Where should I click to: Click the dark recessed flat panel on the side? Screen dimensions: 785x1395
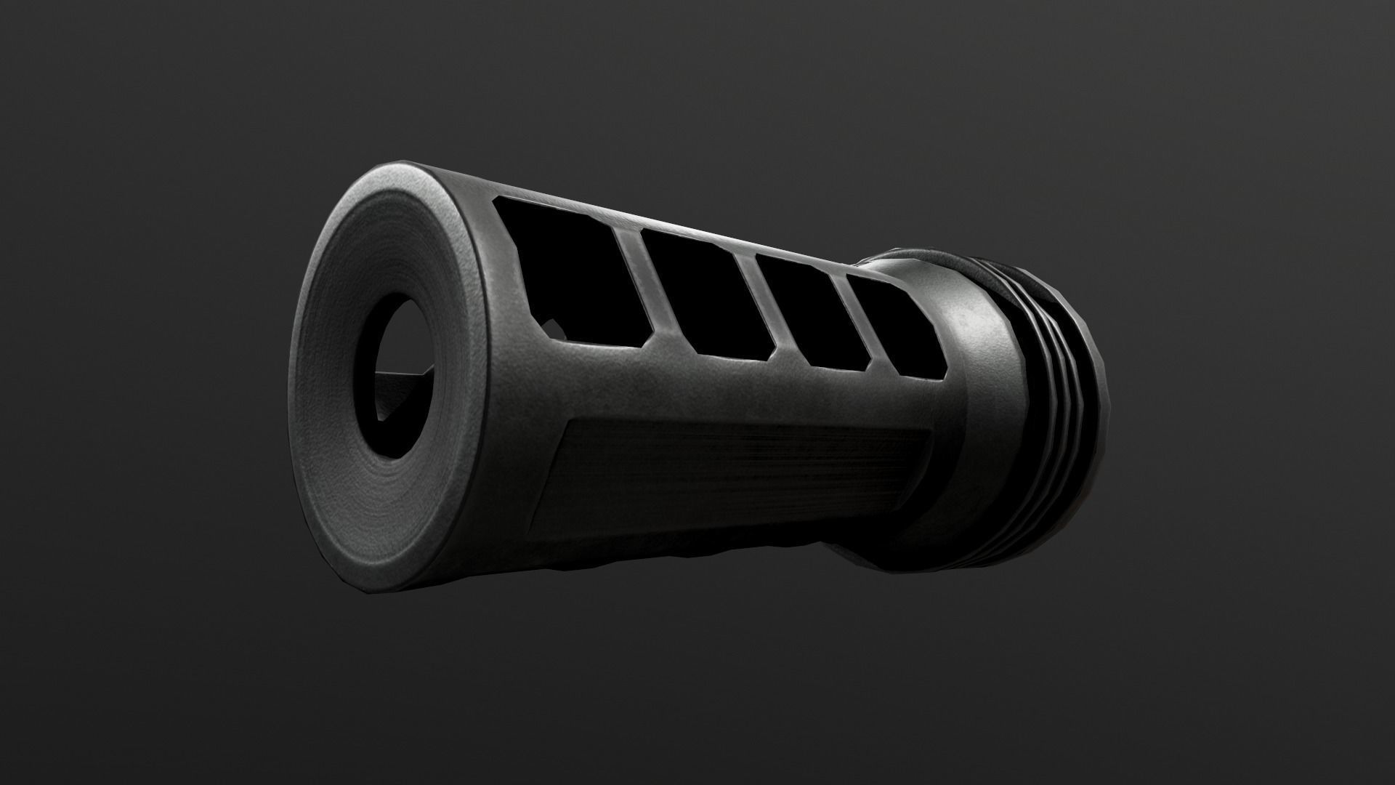tap(727, 480)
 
